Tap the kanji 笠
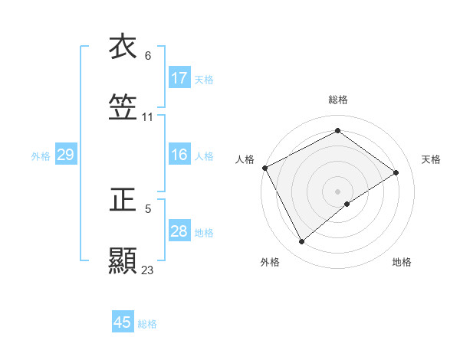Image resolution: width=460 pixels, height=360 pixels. (123, 108)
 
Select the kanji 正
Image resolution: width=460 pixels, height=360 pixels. (123, 200)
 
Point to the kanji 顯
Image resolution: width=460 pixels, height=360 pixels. (123, 261)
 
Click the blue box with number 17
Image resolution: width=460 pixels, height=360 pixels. (179, 78)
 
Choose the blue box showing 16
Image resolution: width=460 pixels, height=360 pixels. (179, 155)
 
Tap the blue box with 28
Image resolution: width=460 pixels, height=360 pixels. (179, 231)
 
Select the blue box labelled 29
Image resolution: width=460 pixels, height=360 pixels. (65, 155)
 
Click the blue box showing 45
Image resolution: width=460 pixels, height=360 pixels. (123, 322)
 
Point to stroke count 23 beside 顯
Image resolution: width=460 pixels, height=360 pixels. (148, 270)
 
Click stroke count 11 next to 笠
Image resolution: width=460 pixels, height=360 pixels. (148, 117)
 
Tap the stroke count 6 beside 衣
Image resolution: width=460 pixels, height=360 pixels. (148, 56)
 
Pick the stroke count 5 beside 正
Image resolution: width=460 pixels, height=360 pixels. (148, 208)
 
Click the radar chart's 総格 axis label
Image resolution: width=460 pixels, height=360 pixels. (338, 100)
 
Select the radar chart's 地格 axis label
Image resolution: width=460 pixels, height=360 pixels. (402, 262)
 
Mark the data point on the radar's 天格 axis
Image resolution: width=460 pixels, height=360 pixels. (396, 172)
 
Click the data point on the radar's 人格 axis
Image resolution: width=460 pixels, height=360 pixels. (264, 168)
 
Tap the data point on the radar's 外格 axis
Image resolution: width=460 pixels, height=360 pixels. (302, 241)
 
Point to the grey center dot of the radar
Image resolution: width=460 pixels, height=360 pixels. (338, 191)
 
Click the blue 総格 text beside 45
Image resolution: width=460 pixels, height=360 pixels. (147, 324)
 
